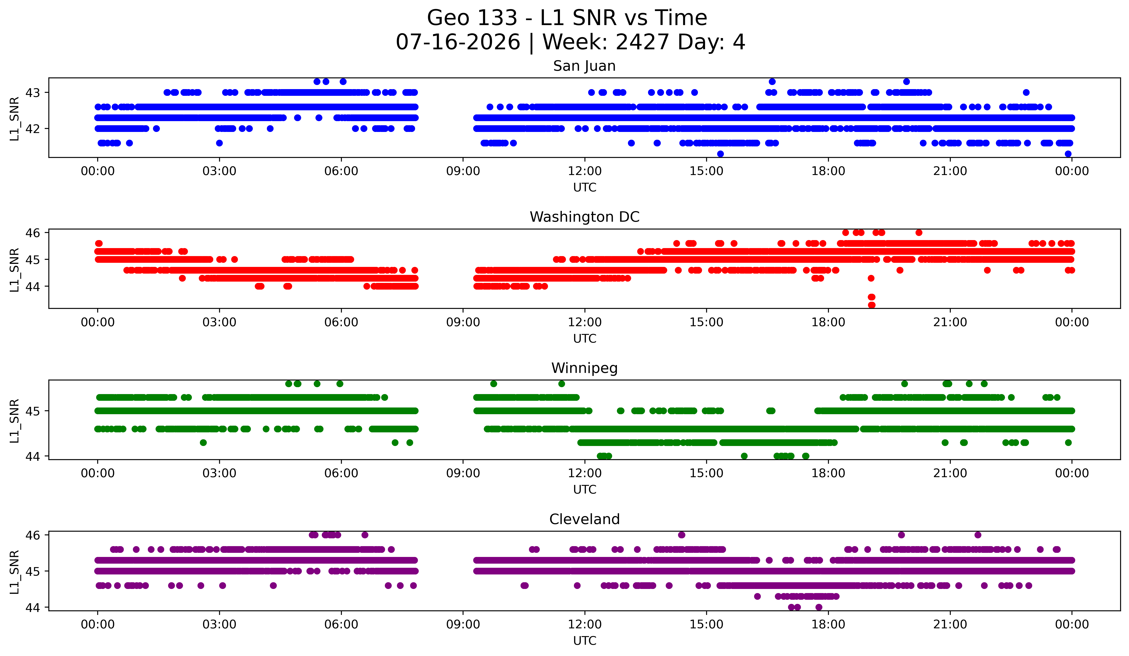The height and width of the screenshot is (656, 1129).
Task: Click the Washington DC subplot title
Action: (x=584, y=217)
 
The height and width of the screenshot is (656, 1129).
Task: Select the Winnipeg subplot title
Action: (x=584, y=368)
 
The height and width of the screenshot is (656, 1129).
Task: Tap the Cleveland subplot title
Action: (x=584, y=519)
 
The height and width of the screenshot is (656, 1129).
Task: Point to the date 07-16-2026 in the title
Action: (x=458, y=42)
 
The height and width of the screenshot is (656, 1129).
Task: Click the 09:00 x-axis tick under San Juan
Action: (x=463, y=171)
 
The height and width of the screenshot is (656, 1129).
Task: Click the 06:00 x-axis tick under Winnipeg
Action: (x=341, y=473)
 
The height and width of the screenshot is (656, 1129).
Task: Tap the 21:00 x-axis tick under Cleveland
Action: (x=950, y=624)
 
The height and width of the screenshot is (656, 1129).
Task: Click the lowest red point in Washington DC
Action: (x=871, y=305)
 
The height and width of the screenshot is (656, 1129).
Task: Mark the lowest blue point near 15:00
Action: (x=720, y=154)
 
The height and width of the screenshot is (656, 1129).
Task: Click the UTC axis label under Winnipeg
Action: (x=585, y=490)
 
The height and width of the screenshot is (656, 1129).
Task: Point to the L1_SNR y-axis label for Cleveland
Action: (x=14, y=572)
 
